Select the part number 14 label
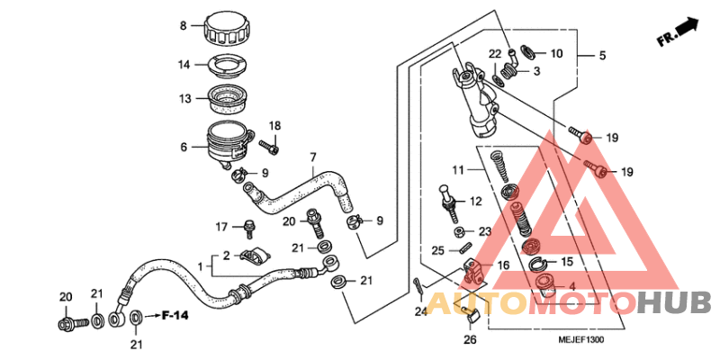[184, 65]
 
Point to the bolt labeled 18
[268, 143]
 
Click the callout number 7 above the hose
[312, 157]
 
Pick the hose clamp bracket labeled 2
[253, 256]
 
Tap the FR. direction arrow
[677, 31]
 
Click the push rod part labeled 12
[446, 200]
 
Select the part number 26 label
[468, 340]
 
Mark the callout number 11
[457, 170]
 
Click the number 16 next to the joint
[502, 266]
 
